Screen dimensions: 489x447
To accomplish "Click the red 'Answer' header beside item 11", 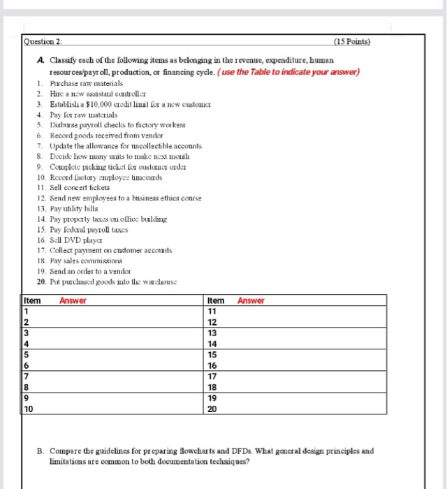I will pyautogui.click(x=251, y=300).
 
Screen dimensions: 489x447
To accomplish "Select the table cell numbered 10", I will pyautogui.click(x=29, y=409).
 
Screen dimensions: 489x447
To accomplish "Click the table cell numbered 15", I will pyautogui.click(x=213, y=355).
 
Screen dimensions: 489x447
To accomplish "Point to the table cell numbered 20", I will pyautogui.click(x=213, y=409).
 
